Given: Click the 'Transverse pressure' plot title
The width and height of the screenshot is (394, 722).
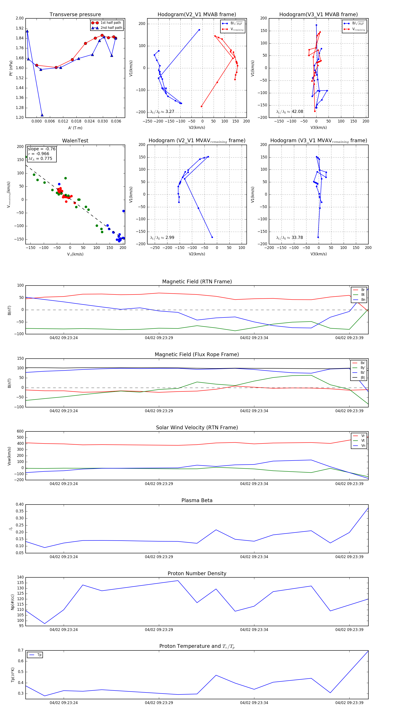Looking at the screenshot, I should click(75, 15).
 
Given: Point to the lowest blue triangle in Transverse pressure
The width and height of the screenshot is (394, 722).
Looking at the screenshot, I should click(42, 115).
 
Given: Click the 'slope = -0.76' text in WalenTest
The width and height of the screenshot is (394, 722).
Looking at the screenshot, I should click(42, 149).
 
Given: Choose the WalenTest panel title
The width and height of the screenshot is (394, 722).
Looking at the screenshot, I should click(75, 141).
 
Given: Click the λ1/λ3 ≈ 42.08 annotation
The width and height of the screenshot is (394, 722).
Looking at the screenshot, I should click(290, 112).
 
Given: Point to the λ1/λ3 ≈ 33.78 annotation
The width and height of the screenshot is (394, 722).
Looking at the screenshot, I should click(290, 238).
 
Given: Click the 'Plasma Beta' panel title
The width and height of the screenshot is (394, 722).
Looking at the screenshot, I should click(197, 500).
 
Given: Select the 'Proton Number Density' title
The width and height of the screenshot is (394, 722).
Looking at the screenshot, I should click(197, 573).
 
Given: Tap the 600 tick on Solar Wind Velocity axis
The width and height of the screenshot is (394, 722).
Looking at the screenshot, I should click(20, 431).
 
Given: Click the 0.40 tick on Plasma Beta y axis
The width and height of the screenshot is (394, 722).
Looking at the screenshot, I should click(20, 504).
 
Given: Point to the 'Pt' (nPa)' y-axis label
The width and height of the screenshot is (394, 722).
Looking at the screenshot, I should click(11, 68).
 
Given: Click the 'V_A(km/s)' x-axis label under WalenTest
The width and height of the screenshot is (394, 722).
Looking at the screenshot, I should click(75, 254).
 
